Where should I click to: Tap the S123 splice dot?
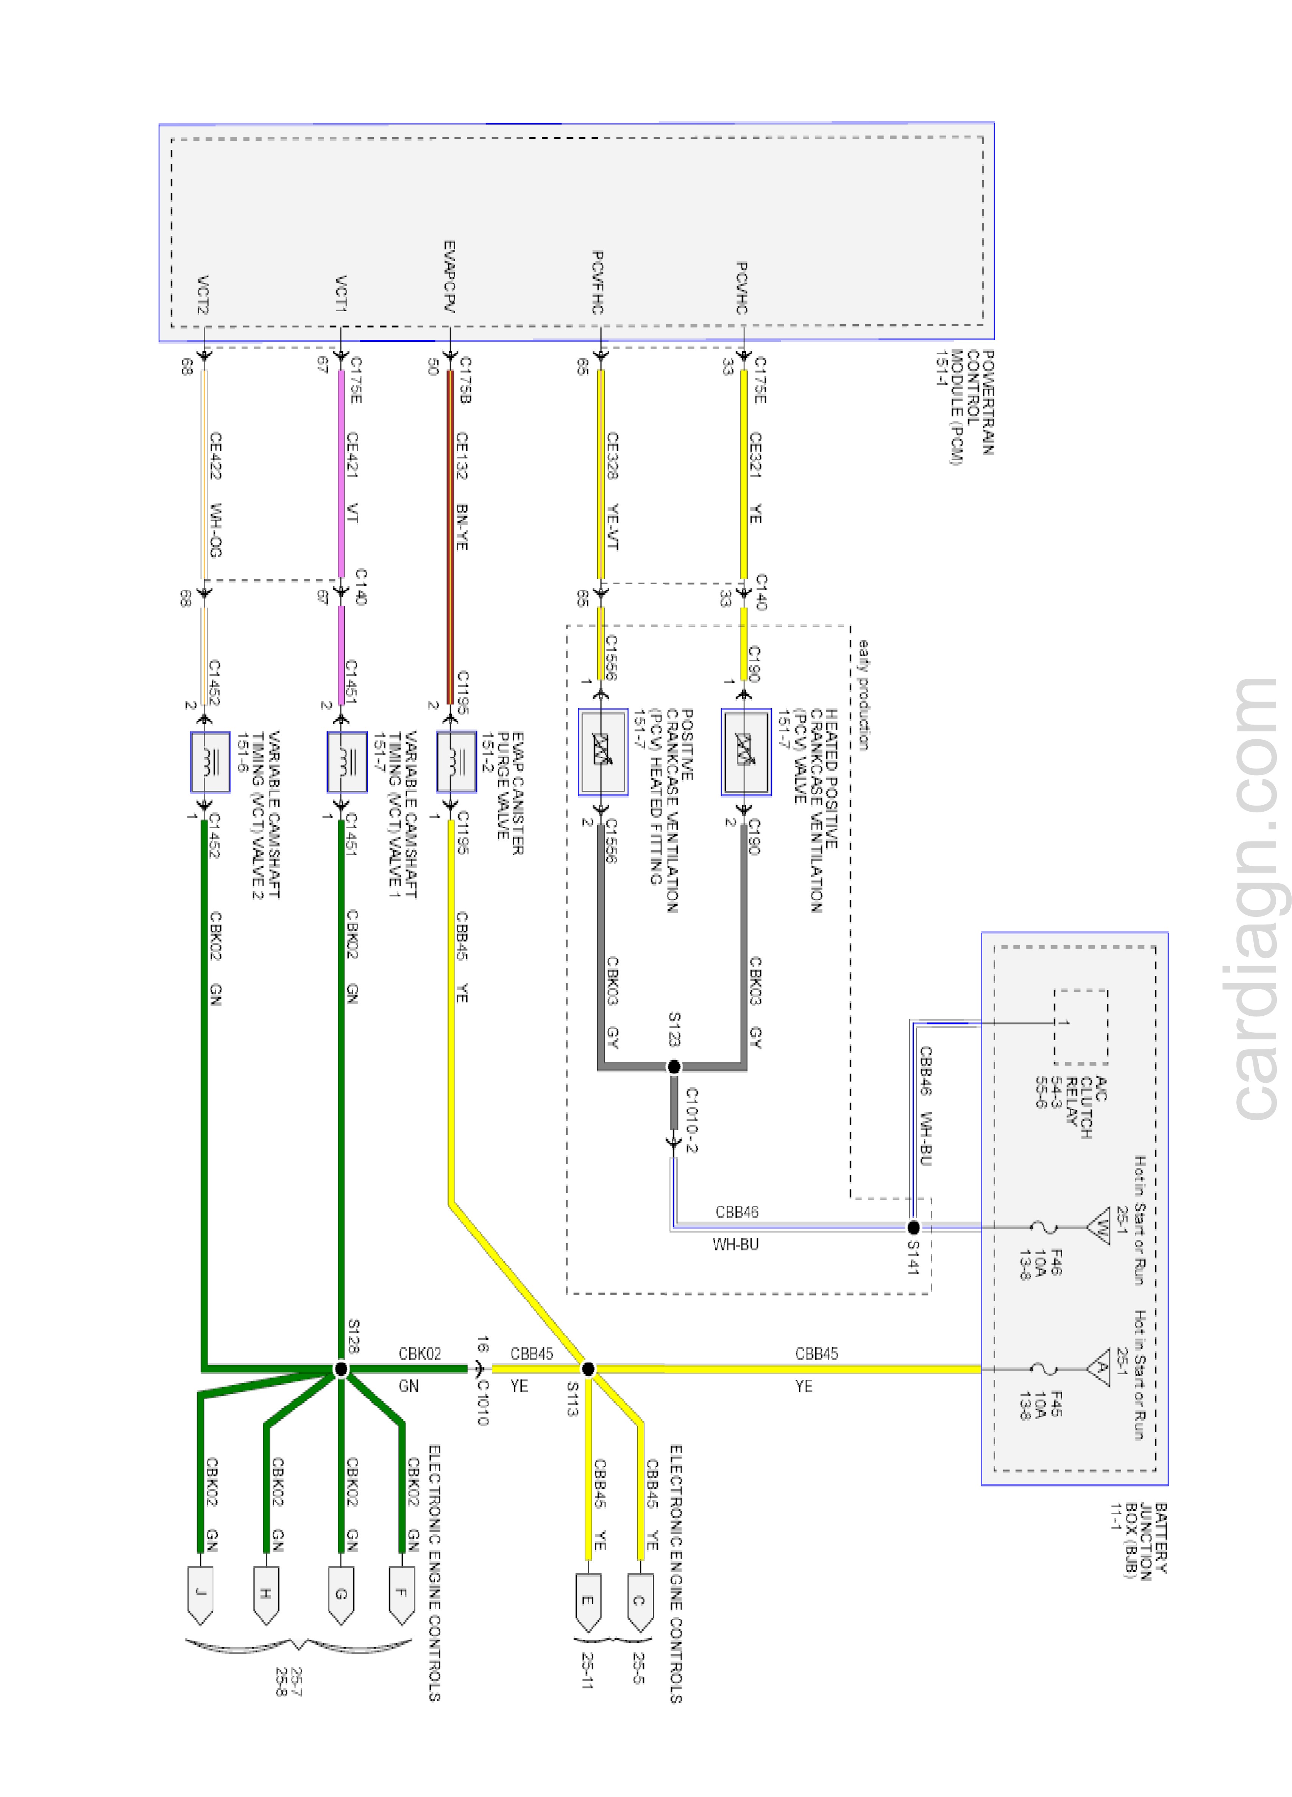[x=674, y=1066]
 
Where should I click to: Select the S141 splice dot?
[x=913, y=1227]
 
